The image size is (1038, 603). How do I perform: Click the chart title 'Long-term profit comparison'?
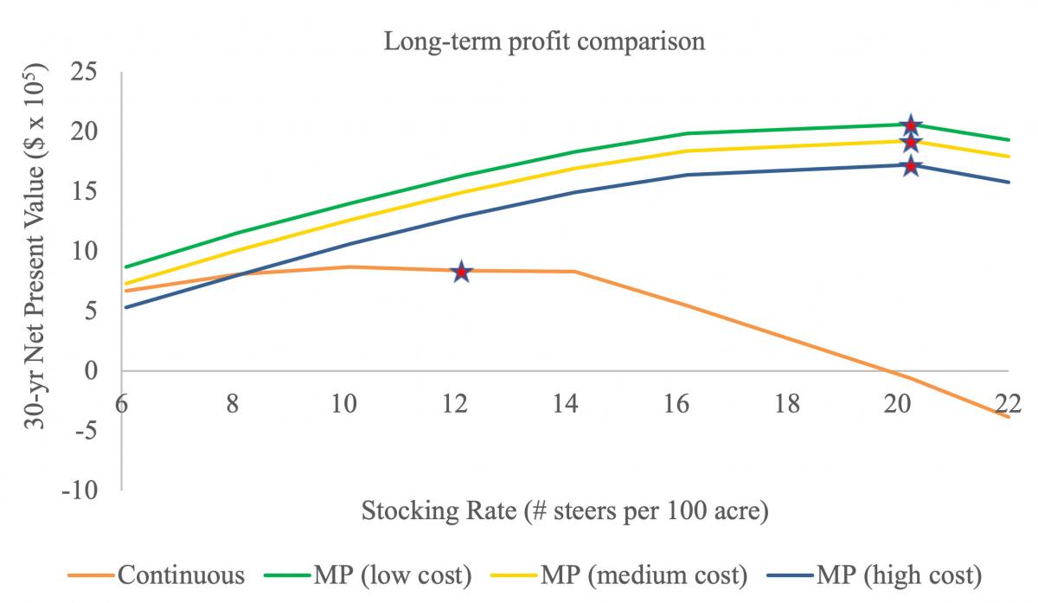click(545, 42)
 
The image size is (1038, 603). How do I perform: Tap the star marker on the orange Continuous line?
click(461, 272)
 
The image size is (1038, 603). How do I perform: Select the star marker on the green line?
click(911, 126)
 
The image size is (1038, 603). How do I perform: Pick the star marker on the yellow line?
click(911, 142)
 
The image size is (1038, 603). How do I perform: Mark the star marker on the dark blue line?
click(911, 165)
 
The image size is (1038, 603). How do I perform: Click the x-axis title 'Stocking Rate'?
click(565, 511)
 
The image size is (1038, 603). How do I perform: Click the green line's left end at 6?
click(125, 266)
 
